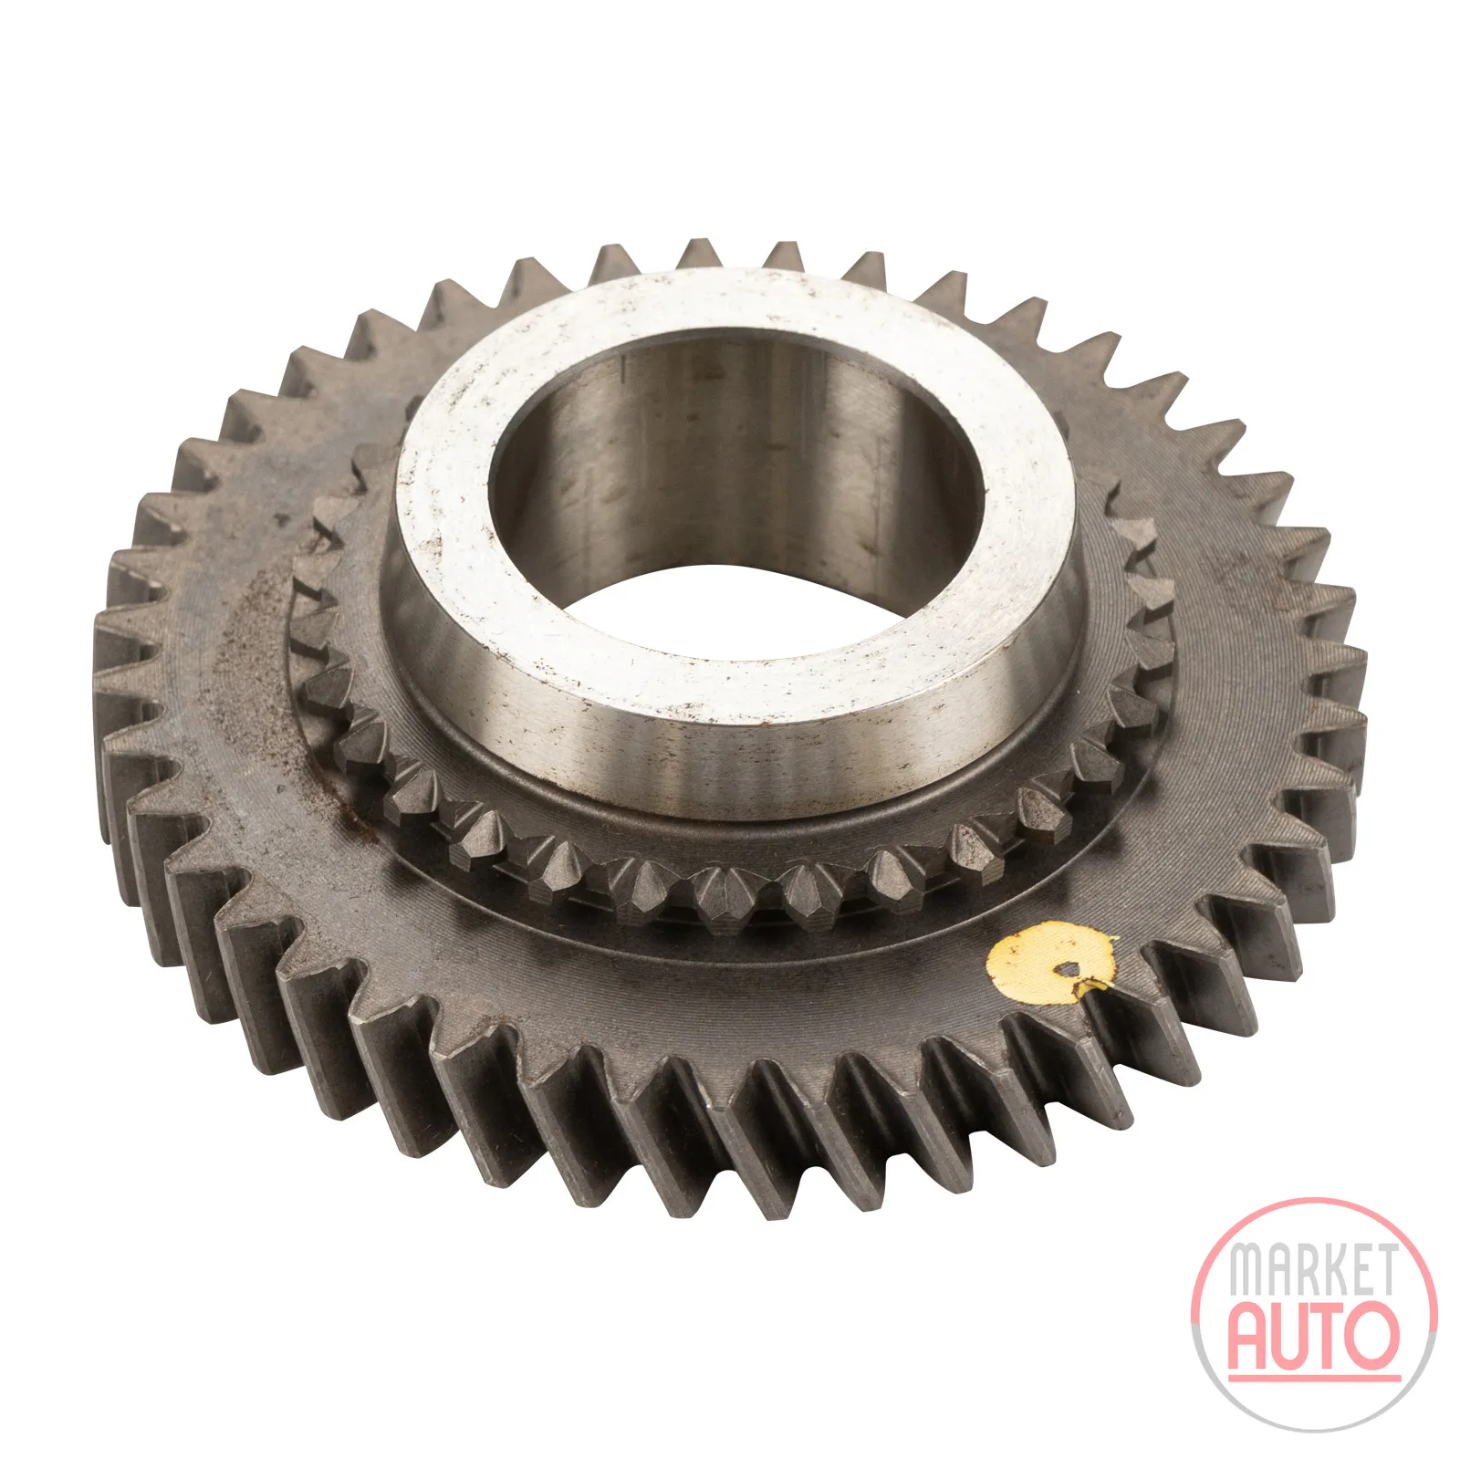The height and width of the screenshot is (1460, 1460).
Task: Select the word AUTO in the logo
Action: tap(1313, 1334)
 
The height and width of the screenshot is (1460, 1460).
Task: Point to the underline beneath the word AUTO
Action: tap(1314, 1377)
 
